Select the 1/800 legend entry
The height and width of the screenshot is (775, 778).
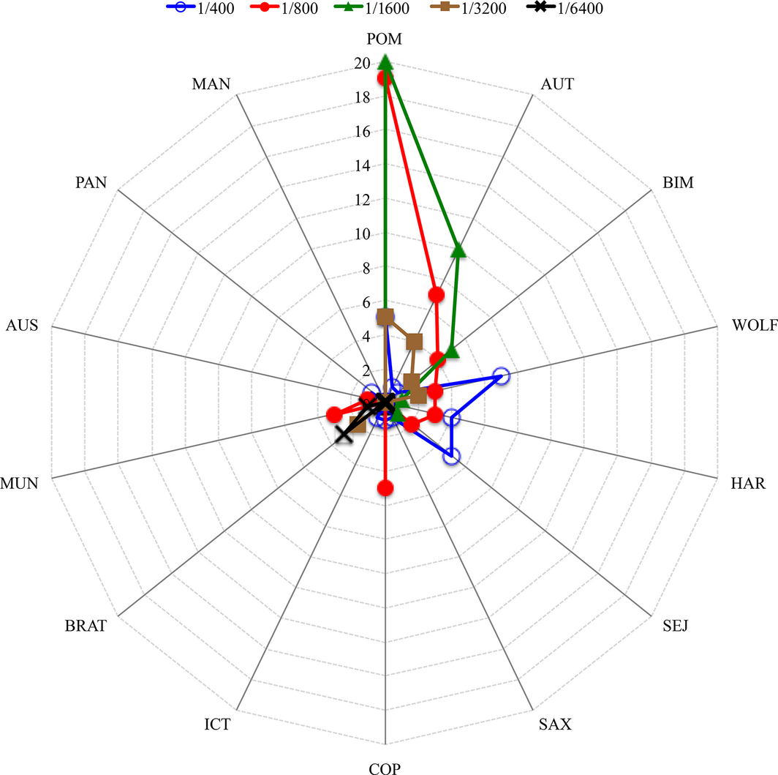click(x=301, y=10)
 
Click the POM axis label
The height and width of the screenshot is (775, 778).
click(x=385, y=39)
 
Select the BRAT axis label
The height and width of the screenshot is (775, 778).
click(x=86, y=626)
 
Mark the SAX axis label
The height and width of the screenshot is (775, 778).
click(x=555, y=725)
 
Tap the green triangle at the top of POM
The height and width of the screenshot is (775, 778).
click(x=385, y=64)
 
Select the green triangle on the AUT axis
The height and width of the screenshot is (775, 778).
click(x=458, y=251)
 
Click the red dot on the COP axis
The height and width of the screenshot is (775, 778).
click(x=385, y=487)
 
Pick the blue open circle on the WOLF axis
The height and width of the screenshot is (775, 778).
click(x=501, y=376)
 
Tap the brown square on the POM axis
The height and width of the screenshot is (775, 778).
click(x=385, y=317)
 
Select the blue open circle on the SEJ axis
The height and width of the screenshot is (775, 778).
click(x=452, y=457)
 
